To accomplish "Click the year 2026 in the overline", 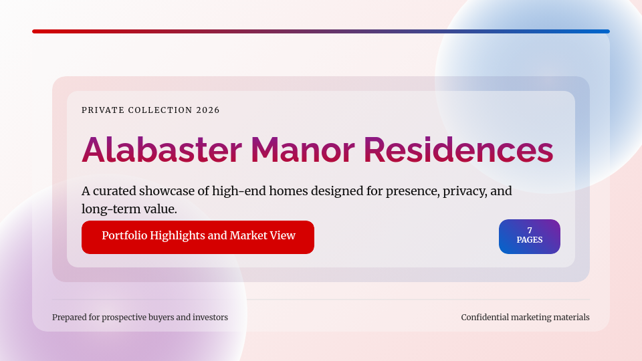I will tap(208, 110).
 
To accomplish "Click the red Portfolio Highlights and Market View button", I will tap(198, 237).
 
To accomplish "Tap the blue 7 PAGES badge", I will tap(530, 237).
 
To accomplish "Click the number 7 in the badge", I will tap(530, 231).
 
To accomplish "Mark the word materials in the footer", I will tap(568, 317).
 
